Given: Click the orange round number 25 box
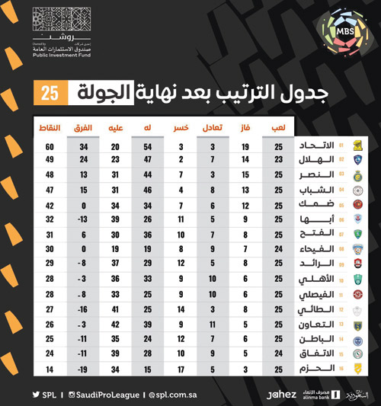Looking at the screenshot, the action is point(52,94).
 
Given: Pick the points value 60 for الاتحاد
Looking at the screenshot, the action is point(50,146).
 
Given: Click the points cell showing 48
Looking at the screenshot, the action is point(50,174).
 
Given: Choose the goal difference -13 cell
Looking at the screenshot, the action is point(85,219).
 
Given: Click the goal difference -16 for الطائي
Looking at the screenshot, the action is point(85,310).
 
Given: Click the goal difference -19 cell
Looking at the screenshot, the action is point(85,369).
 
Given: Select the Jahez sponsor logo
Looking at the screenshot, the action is point(281,395).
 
